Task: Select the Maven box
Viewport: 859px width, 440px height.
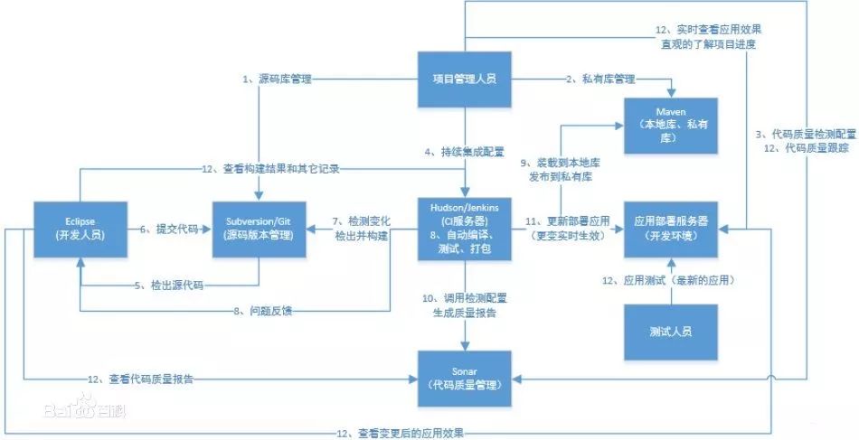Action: [671, 123]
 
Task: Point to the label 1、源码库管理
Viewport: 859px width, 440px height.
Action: [276, 80]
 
